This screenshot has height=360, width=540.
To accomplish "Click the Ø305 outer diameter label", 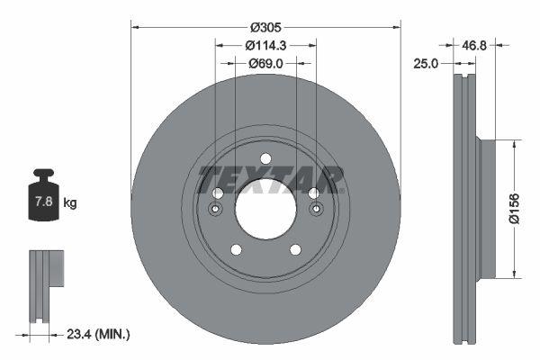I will (265, 26).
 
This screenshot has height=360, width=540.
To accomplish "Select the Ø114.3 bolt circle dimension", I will (265, 45).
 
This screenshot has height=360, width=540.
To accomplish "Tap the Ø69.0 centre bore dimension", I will (265, 63).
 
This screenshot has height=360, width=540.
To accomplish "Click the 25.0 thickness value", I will (427, 63).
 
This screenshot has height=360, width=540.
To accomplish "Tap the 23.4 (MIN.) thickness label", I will (99, 335).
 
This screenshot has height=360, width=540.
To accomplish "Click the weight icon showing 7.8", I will (43, 195).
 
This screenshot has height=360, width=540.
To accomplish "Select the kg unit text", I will (70, 203).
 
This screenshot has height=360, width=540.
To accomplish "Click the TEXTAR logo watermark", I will (271, 179).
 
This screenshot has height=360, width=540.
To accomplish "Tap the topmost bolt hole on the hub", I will (265, 159).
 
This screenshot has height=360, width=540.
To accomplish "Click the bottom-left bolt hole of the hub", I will (236, 249).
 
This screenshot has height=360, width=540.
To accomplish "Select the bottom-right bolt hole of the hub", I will (295, 249).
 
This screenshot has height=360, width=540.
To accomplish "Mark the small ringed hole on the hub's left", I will (215, 211).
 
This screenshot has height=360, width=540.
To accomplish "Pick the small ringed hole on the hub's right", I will (316, 211).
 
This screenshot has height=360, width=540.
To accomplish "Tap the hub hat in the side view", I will (487, 209).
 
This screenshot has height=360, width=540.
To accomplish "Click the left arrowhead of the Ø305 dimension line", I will (135, 26).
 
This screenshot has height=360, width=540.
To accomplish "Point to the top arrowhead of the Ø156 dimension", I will (514, 142).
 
